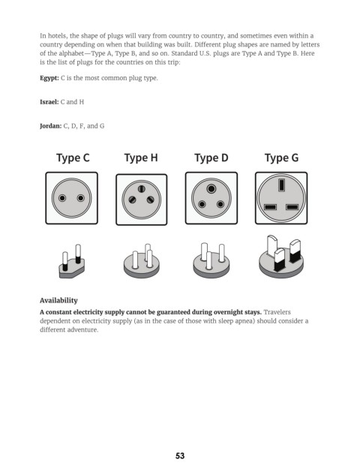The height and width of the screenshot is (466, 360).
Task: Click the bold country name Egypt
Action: point(49,78)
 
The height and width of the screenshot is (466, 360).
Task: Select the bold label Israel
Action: point(49,102)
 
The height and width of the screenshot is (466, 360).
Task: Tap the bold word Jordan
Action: point(51,126)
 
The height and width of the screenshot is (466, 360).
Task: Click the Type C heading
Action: point(73,158)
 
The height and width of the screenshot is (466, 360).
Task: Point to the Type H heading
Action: point(141,158)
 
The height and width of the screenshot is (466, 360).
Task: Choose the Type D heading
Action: point(211,158)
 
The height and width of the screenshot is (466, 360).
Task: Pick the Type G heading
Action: point(281,158)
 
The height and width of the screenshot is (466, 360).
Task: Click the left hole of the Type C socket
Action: point(62,198)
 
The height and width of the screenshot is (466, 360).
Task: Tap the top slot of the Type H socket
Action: point(142,188)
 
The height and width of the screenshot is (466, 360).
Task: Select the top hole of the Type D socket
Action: point(211,188)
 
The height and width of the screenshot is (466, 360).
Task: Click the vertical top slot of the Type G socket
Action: point(281,185)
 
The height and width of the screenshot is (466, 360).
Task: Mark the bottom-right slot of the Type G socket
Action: point(292,207)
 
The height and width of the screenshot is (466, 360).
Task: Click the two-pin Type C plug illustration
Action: point(72,262)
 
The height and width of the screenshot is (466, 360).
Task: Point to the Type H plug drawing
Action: point(142,261)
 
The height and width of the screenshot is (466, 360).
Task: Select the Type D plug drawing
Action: point(211,260)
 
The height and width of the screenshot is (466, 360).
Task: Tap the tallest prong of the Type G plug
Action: point(272,246)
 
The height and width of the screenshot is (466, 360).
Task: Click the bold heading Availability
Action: point(58,300)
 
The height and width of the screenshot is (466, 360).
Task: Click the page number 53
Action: point(180,455)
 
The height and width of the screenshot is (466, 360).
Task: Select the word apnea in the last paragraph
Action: point(244,321)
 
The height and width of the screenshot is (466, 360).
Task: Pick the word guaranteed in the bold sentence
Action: point(173,312)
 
